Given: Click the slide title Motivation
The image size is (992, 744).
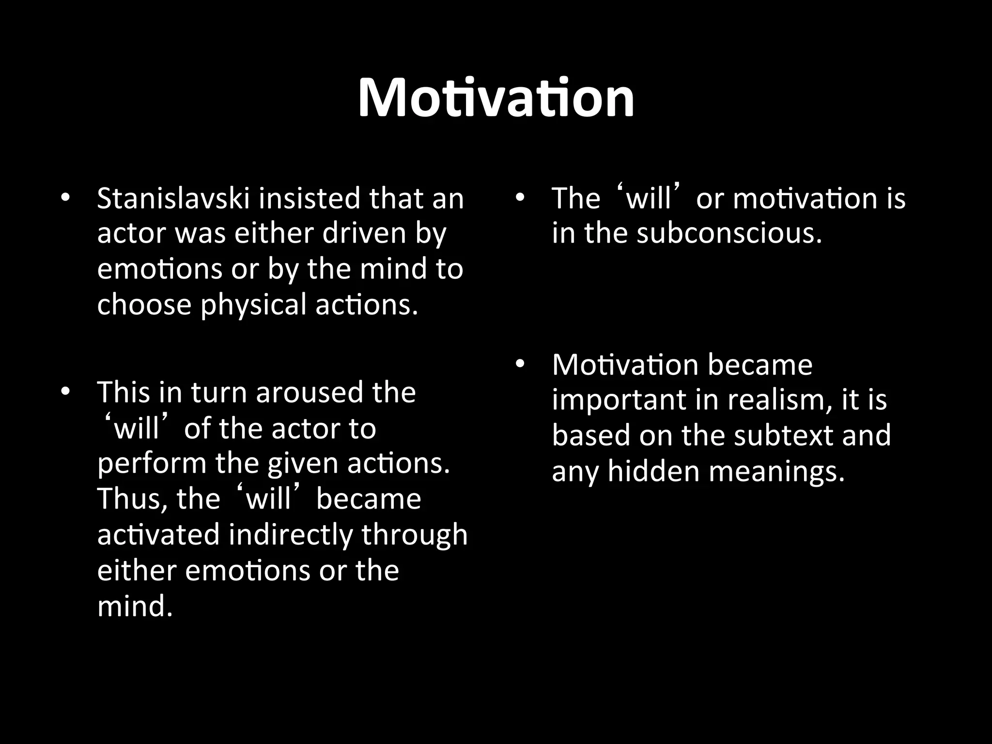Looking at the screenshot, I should [496, 98].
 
